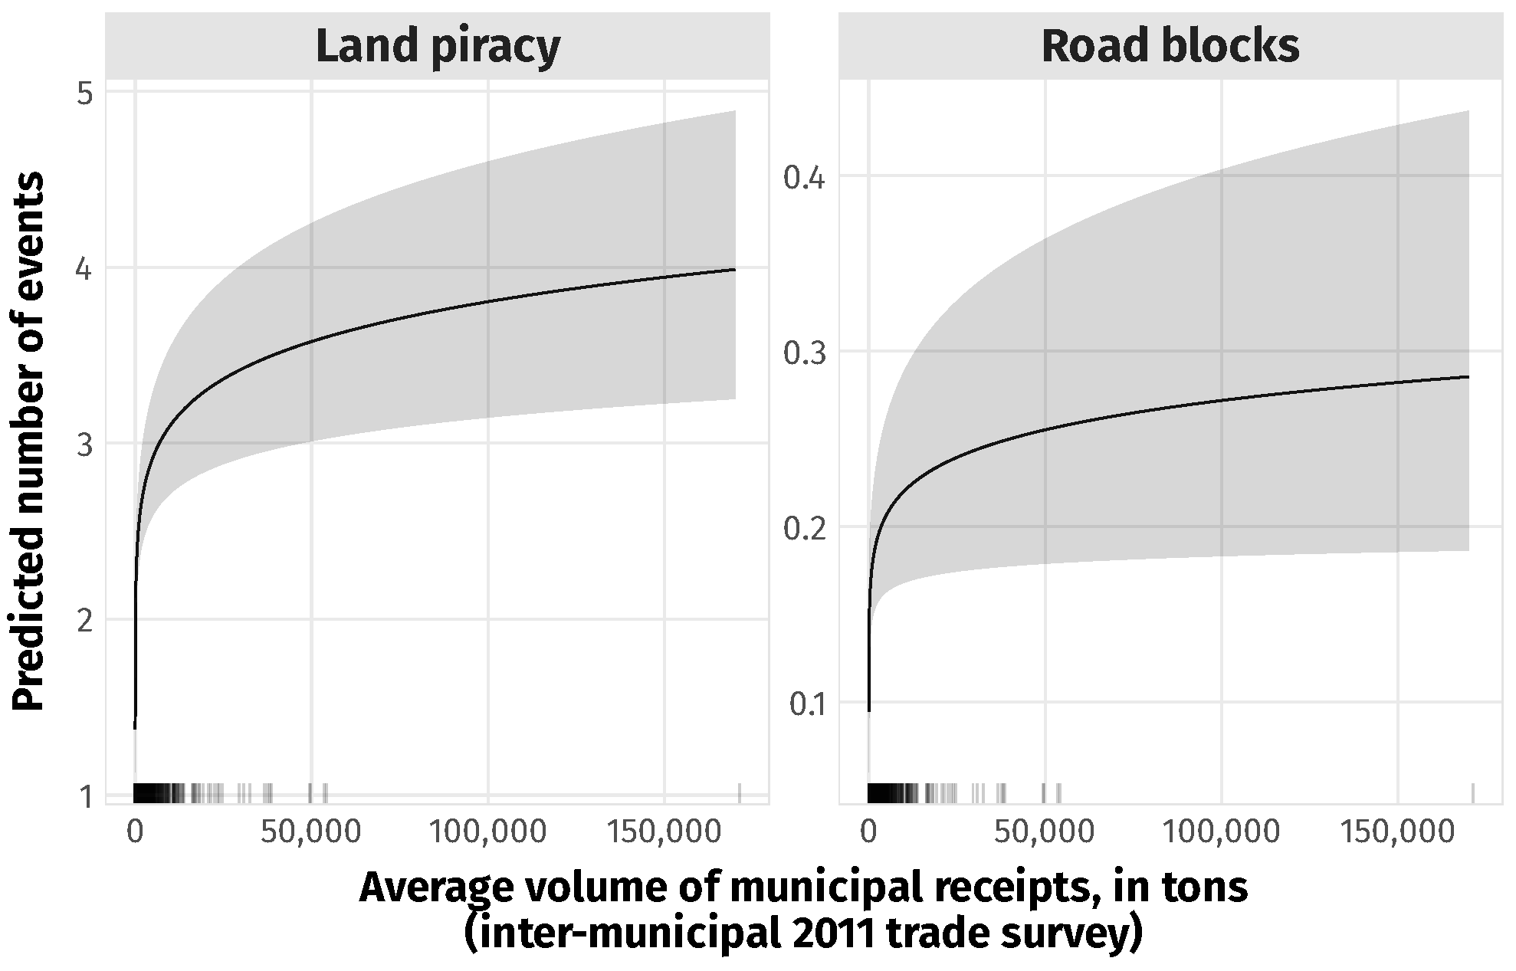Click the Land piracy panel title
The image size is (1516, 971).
[438, 48]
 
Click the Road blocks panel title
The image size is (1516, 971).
[1170, 48]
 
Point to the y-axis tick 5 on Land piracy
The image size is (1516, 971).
[85, 94]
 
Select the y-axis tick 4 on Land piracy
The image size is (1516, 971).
[85, 270]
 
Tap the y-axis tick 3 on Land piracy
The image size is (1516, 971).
[85, 445]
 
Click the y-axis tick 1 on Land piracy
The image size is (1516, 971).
[85, 797]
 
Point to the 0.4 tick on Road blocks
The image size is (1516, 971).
[804, 179]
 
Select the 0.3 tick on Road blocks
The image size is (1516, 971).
[804, 353]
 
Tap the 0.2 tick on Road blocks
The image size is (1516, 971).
[804, 529]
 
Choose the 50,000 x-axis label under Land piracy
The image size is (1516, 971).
[310, 832]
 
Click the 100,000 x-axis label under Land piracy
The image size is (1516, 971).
[488, 832]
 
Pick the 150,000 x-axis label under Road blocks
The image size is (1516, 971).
[1398, 832]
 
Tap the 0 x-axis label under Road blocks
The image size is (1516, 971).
[868, 832]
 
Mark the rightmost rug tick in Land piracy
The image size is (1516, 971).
[740, 793]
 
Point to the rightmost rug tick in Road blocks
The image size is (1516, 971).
[1473, 793]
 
